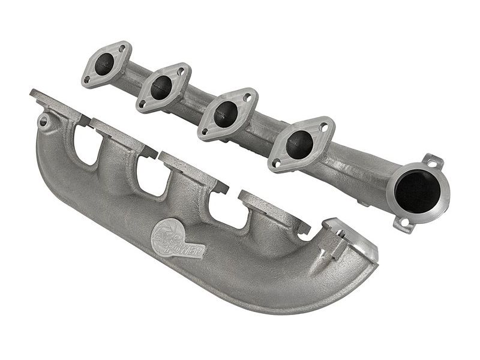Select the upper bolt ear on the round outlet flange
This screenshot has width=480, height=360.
click(433, 161)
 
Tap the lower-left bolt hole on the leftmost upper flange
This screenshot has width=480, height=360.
click(88, 80)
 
